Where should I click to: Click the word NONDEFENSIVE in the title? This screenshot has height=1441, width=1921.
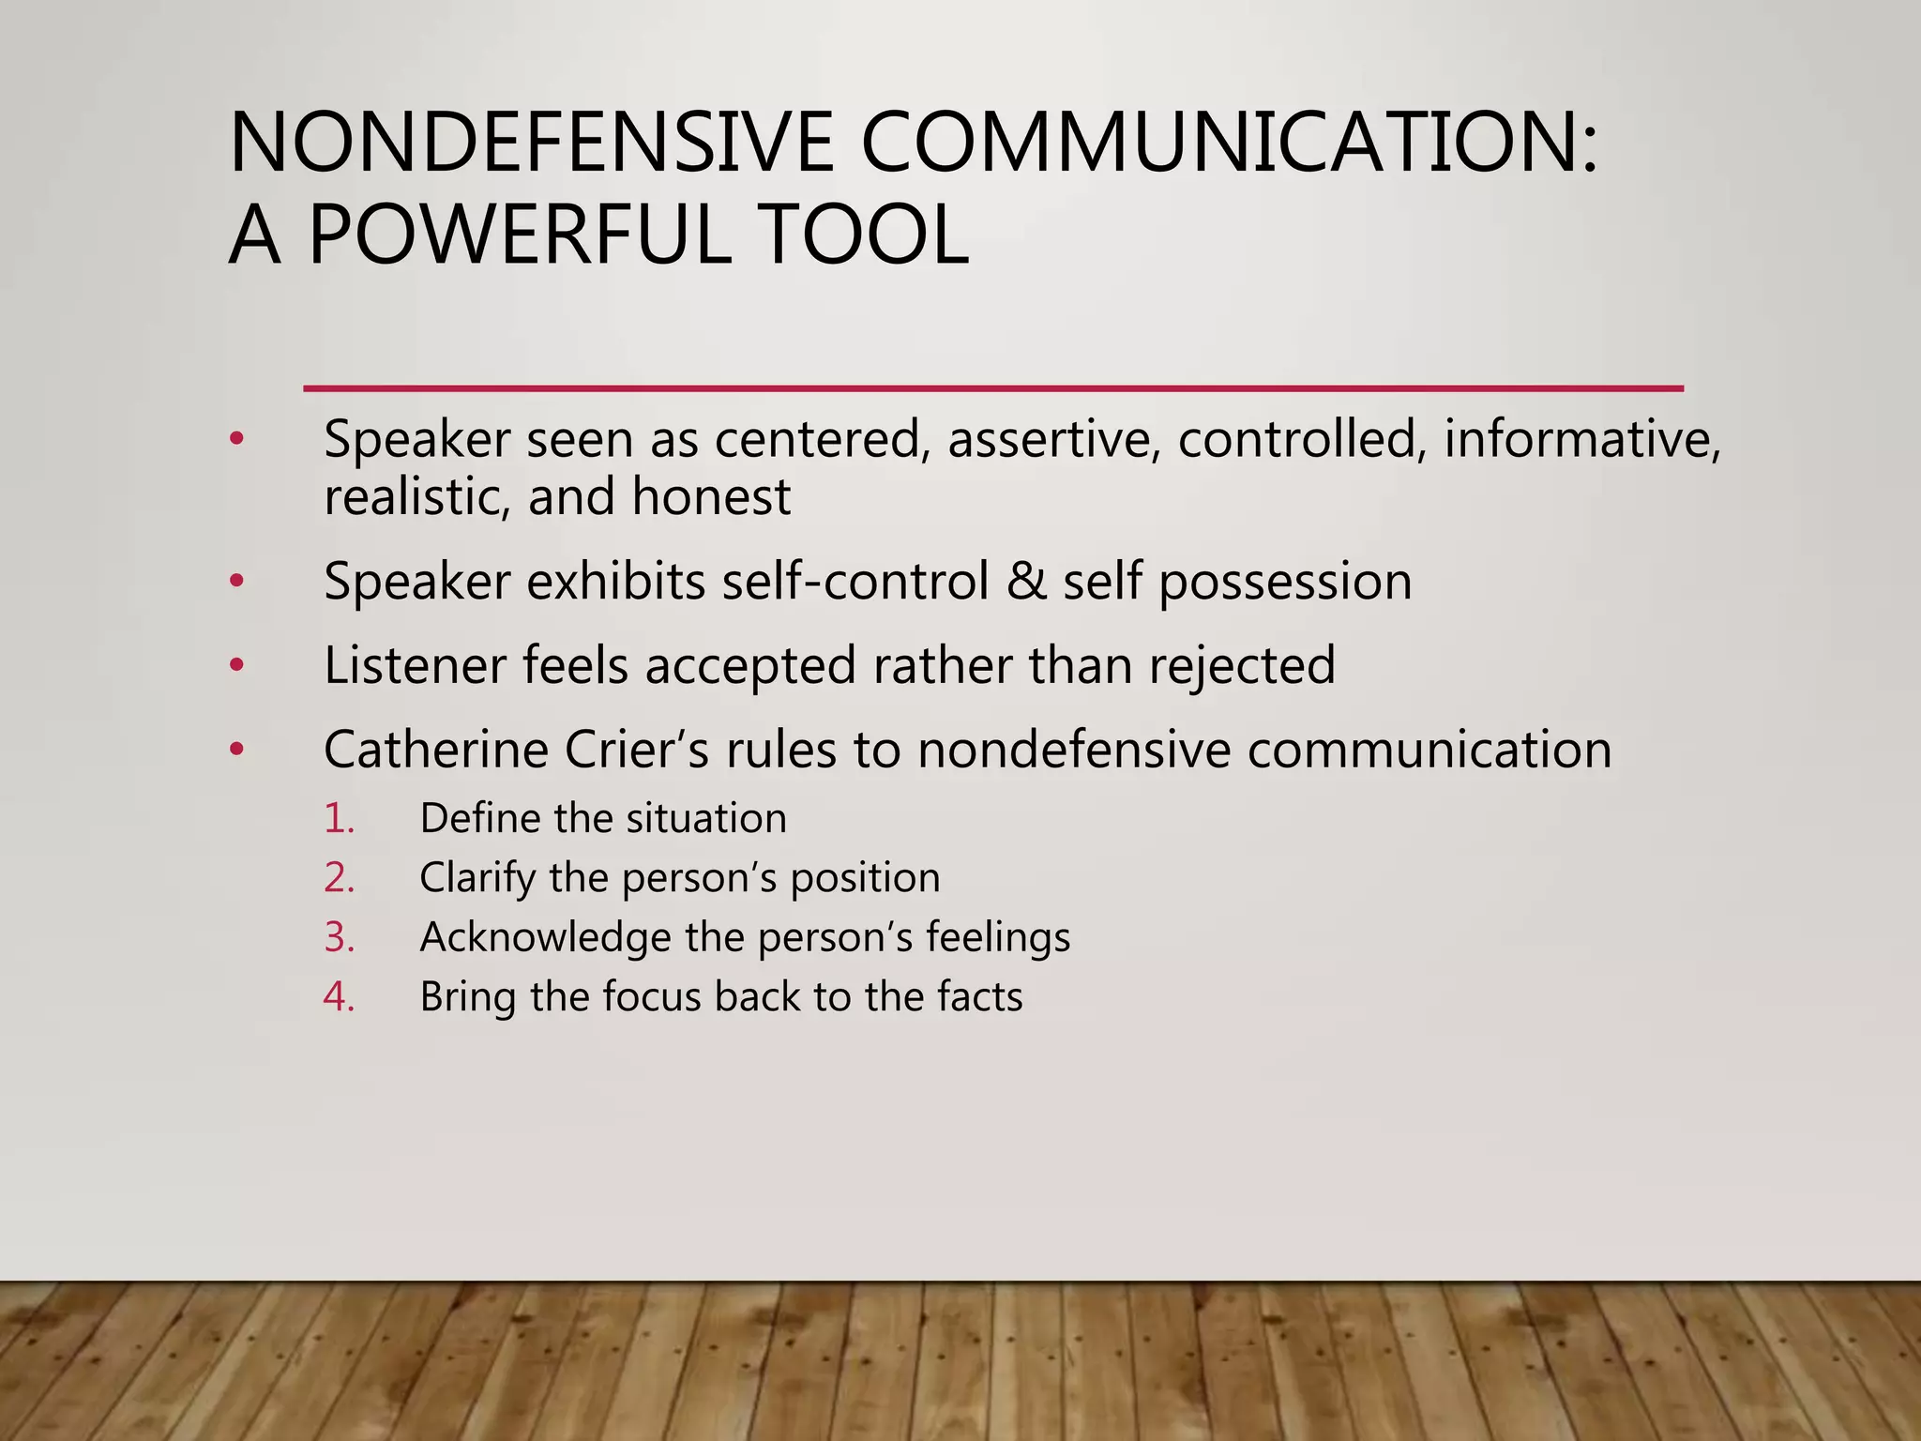[531, 143]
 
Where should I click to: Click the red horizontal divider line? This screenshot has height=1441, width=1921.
[992, 387]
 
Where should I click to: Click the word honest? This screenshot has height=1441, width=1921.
[711, 496]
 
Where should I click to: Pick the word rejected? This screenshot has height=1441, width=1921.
[1242, 666]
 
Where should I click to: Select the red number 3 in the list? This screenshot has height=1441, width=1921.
[339, 937]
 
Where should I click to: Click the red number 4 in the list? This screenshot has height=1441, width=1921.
[339, 996]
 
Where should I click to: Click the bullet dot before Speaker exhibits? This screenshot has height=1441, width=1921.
[236, 582]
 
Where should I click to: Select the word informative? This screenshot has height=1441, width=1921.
[1581, 439]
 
